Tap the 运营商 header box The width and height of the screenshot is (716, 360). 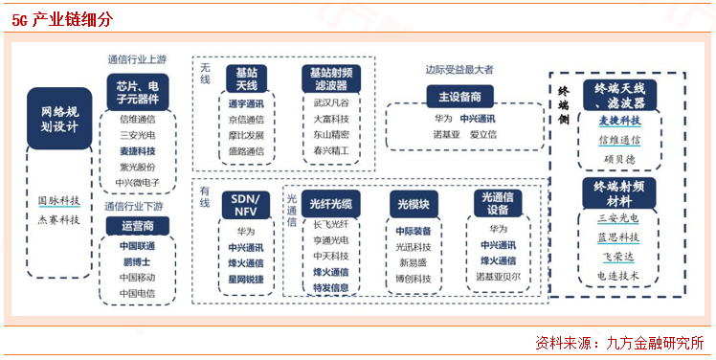click(137, 226)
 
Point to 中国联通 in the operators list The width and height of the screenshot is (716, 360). click(137, 246)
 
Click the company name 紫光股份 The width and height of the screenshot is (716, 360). click(137, 167)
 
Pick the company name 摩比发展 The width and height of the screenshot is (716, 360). click(246, 136)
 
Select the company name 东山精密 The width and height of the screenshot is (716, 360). click(331, 136)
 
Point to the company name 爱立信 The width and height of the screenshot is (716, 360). click(484, 135)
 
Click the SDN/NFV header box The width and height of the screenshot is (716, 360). click(246, 205)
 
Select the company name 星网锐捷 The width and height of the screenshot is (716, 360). click(246, 279)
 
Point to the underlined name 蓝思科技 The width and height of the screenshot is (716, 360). click(618, 236)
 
